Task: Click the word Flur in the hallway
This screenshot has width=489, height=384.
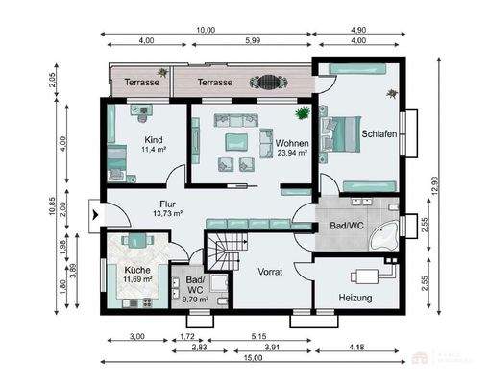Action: pyautogui.click(x=168, y=204)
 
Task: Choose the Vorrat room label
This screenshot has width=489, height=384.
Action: pyautogui.click(x=270, y=272)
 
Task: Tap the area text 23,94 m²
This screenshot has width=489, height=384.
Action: pyautogui.click(x=291, y=153)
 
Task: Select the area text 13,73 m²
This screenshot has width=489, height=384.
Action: pyautogui.click(x=168, y=213)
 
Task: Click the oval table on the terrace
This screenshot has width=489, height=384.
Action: pyautogui.click(x=263, y=83)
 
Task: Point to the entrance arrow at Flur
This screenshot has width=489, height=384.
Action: pyautogui.click(x=94, y=213)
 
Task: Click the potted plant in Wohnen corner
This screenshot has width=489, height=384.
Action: pyautogui.click(x=304, y=113)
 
